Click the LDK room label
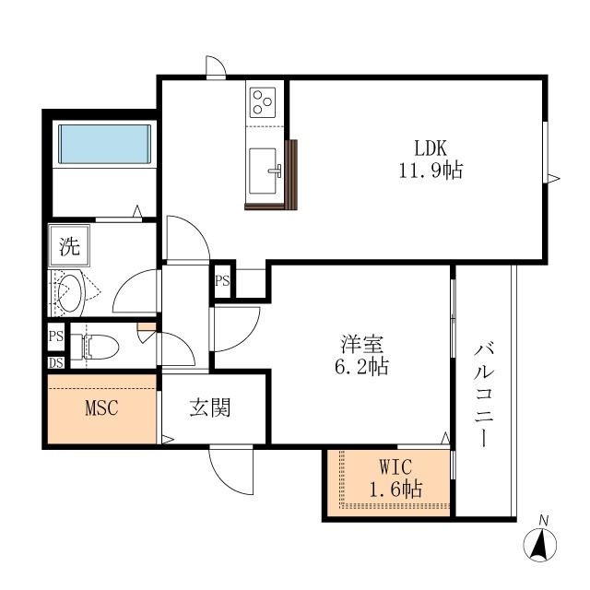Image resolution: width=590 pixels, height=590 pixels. click(x=431, y=148)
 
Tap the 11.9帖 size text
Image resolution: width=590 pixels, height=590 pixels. click(x=431, y=171)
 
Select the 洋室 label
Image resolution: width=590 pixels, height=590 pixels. click(x=361, y=344)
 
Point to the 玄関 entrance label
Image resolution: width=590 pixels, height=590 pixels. click(x=210, y=407)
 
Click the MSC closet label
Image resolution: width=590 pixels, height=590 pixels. click(x=102, y=407)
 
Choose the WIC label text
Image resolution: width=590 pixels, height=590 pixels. click(x=395, y=467)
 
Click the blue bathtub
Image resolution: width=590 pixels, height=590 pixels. click(x=104, y=144)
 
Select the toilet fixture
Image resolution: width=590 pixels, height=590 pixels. click(x=95, y=347)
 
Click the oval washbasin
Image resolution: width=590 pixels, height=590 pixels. click(x=70, y=293)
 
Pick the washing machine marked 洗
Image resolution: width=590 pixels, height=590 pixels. click(x=69, y=246)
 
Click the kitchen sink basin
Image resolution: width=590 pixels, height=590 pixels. click(x=263, y=171)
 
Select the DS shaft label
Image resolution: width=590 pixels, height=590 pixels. click(x=55, y=362)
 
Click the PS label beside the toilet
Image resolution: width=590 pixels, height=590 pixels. click(x=55, y=336)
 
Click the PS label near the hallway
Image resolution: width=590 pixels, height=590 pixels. click(x=222, y=280)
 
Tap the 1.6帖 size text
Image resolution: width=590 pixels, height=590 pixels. click(x=395, y=490)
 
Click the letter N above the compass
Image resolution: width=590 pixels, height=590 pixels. click(x=543, y=521)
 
